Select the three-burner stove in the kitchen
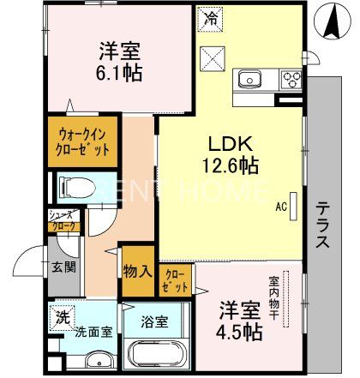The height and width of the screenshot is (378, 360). (290, 81)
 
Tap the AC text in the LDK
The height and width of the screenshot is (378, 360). (281, 206)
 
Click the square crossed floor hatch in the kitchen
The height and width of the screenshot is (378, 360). (210, 57)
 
